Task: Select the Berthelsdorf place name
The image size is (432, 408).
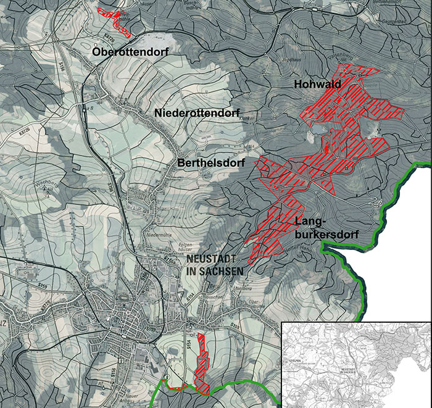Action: click(211, 163)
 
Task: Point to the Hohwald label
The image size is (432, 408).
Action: click(318, 85)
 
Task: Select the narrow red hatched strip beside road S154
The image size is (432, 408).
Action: click(201, 364)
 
